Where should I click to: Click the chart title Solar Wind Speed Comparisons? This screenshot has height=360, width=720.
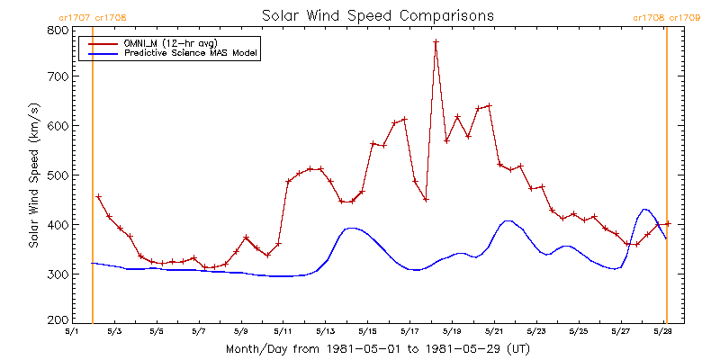coord(377,15)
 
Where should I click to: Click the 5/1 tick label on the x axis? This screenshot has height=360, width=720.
coord(72,330)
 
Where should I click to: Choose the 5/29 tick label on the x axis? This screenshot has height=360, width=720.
coord(662,330)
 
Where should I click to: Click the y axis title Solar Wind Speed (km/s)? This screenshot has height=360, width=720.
coord(34,175)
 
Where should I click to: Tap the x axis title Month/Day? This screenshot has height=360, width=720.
coord(377,347)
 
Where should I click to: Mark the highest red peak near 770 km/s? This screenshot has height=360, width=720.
coord(436,41)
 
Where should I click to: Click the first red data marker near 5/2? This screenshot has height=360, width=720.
coord(98,197)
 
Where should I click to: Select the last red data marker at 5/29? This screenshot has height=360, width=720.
coord(667,223)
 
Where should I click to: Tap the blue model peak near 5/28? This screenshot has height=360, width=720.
coord(644,210)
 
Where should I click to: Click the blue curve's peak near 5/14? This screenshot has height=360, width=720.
coord(353,229)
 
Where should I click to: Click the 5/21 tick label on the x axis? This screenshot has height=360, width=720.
coord(493,330)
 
